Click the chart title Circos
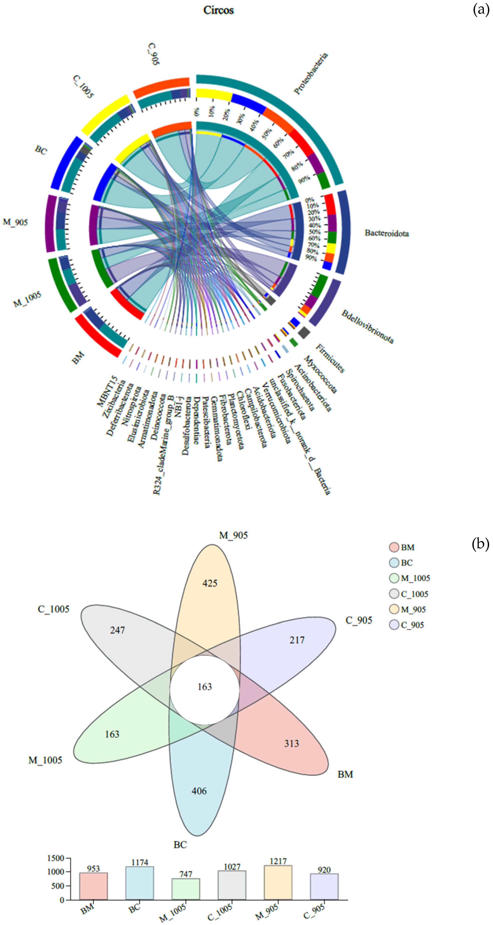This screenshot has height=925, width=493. tap(218, 10)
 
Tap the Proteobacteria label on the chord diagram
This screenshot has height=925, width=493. tap(311, 74)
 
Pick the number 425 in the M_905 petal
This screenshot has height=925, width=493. tap(210, 583)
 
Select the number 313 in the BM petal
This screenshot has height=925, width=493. tap(291, 743)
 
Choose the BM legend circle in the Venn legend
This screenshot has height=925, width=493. tap(394, 547)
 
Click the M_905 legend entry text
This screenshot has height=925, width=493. tap(413, 609)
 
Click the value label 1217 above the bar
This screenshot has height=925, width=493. tap(278, 861)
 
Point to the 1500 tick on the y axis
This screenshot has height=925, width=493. tap(56, 858)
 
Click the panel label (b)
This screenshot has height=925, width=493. tap(480, 544)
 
